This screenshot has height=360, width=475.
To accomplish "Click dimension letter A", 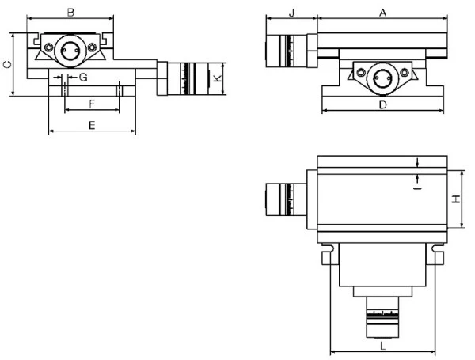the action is [383, 13].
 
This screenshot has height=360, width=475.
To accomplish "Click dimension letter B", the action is [70, 13].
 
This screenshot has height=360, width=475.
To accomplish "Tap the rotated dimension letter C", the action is [7, 65].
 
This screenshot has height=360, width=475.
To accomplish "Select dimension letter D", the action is [383, 105].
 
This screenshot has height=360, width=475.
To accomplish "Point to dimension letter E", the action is [92, 125].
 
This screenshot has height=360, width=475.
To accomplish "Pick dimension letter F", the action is [92, 104].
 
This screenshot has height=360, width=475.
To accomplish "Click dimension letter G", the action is [83, 78].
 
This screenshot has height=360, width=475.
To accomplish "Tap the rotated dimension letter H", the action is [456, 199].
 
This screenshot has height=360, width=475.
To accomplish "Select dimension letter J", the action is [291, 13].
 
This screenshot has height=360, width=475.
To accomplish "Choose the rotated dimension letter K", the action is [218, 78].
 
